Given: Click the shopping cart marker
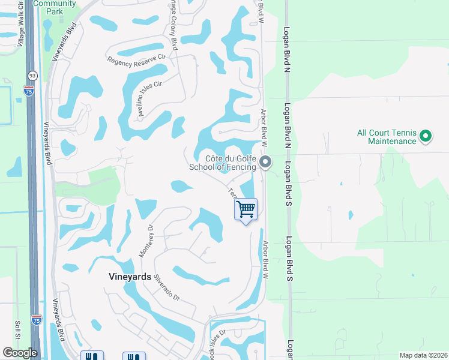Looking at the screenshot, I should click(246, 209).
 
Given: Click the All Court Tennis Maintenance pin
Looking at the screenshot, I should click(426, 137).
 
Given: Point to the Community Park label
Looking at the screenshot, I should click(55, 7).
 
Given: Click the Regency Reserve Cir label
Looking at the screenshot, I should click(136, 59).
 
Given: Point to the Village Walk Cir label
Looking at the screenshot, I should click(20, 25).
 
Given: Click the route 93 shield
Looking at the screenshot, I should click(31, 76).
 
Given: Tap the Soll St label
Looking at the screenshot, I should click(17, 329).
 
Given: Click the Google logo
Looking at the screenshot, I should click(20, 352).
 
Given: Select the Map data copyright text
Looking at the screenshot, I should click(423, 355).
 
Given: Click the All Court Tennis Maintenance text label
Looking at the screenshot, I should click(387, 137).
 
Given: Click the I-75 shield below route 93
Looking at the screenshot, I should click(29, 91).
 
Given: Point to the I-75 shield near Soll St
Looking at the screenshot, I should click(37, 320).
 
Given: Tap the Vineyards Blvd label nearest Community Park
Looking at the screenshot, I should click(65, 42).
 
